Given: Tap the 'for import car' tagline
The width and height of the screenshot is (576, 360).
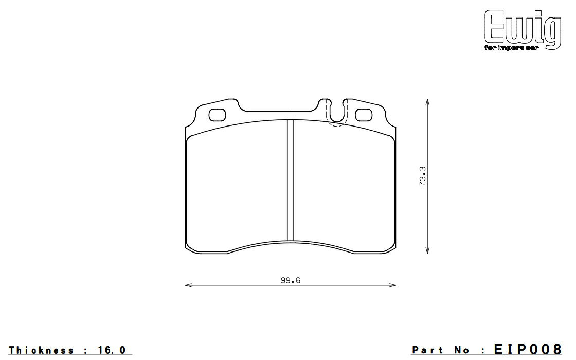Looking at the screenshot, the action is pos(511,48).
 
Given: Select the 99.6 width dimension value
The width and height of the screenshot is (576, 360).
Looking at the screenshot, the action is pos(291,281).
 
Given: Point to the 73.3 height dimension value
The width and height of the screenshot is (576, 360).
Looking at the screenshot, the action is pos(422,175).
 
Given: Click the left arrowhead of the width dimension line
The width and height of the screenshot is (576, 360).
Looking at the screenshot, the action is pos(188,285).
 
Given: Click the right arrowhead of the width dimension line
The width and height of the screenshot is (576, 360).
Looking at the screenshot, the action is pos(393,285).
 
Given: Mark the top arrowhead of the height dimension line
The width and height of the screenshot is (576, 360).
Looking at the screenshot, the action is pos(427,102).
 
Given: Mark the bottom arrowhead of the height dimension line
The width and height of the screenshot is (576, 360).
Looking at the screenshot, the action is pos(427,250).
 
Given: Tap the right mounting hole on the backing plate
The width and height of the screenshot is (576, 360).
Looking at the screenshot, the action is pos(364,115).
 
